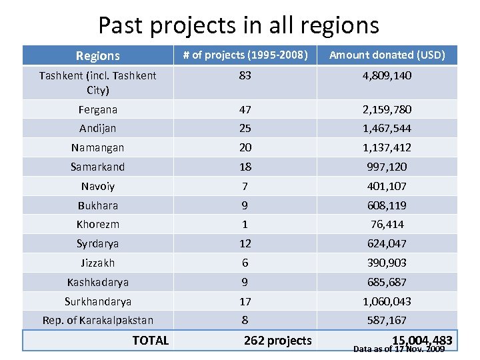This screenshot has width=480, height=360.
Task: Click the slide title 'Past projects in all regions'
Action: [x=239, y=25]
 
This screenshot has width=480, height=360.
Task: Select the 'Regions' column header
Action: [x=98, y=55]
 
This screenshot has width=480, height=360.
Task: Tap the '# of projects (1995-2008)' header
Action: [x=246, y=55]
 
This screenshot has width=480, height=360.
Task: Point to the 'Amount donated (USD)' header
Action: [x=387, y=55]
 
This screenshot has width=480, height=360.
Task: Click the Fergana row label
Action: [x=98, y=109]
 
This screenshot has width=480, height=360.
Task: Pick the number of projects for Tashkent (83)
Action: [x=245, y=75]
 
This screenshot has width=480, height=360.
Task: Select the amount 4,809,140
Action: [x=387, y=75]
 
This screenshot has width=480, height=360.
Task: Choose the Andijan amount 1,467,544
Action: [x=387, y=128]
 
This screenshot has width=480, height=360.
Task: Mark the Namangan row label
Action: [x=98, y=147]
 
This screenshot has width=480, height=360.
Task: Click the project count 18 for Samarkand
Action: [x=245, y=167]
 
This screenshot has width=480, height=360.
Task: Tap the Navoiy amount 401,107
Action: [x=387, y=186]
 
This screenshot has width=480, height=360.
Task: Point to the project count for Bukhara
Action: [x=245, y=205]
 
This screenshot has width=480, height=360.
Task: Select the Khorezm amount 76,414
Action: [x=387, y=225]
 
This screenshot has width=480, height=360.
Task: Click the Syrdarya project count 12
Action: [x=245, y=243]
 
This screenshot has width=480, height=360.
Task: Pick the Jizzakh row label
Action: [x=98, y=263]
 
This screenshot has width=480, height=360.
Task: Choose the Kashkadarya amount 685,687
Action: [x=387, y=282]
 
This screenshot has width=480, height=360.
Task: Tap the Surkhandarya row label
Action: [x=98, y=301]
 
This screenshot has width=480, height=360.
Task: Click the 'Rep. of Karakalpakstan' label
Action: [x=98, y=321]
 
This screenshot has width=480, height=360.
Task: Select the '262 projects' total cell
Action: [x=277, y=341]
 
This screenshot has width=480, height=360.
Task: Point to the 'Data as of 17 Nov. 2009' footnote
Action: [x=399, y=349]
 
